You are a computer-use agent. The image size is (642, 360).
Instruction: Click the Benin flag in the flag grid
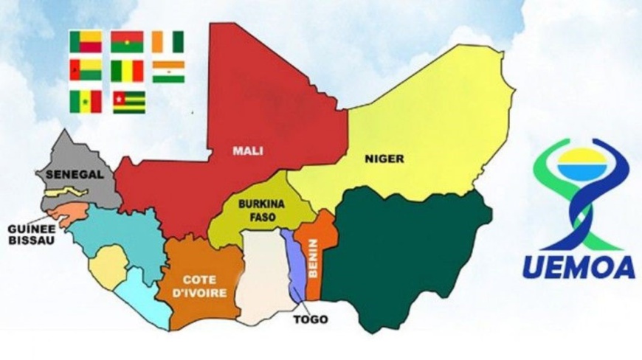(x=85, y=42)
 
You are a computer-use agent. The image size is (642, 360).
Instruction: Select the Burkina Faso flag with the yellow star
(x=127, y=42)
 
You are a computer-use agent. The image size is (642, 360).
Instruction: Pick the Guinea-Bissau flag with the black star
(x=85, y=71)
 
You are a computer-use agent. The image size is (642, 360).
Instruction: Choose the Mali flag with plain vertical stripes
(x=127, y=71)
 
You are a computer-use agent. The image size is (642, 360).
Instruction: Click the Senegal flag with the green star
(x=85, y=101)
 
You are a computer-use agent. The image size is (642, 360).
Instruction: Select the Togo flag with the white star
(x=128, y=101)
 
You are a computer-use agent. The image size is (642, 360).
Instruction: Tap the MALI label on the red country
(x=248, y=150)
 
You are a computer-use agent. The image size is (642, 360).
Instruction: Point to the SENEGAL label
(x=67, y=174)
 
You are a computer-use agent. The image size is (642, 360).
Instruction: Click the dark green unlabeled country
(x=406, y=258)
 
